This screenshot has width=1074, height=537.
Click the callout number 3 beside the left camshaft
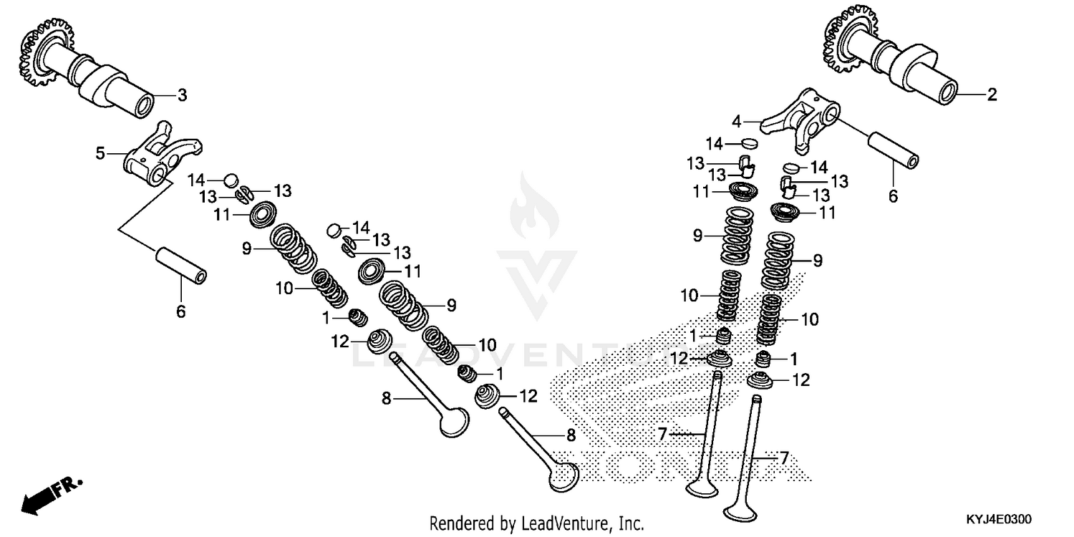(182, 95)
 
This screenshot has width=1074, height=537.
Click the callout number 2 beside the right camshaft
(992, 95)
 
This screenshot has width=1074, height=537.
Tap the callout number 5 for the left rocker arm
(101, 153)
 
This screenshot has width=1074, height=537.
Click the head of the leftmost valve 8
(454, 422)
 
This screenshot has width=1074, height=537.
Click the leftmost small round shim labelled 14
(231, 179)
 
